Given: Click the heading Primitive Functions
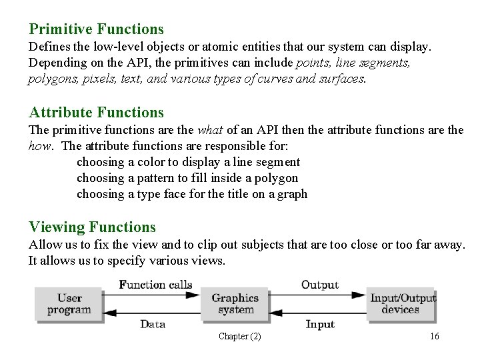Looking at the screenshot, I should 96,29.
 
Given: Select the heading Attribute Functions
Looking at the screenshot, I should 96,113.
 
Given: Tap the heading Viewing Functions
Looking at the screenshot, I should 92,227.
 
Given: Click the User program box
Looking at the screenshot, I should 69,304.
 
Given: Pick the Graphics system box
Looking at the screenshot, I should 235,304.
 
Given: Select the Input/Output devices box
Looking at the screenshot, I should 401,304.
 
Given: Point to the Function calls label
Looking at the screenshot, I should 155,285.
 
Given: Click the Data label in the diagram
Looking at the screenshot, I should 153,325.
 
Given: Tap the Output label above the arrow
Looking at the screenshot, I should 320,285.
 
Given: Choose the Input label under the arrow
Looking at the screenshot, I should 320,325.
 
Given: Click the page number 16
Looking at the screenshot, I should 435,337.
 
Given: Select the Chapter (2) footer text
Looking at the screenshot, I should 239,337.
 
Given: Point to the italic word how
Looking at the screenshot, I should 41,146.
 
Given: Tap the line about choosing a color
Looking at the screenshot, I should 189,162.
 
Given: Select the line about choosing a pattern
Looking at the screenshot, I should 187,178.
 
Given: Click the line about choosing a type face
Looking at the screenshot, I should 192,194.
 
